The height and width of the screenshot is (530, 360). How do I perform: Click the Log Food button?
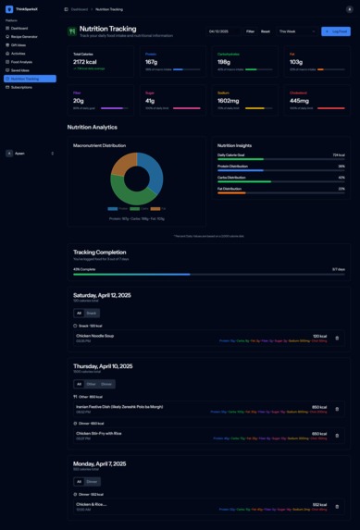pyautogui.click(x=336, y=31)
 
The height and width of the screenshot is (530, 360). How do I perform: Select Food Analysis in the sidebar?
pyautogui.click(x=22, y=62)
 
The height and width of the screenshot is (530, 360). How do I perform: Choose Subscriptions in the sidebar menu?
pyautogui.click(x=21, y=87)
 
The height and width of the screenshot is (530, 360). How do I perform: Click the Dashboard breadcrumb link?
pyautogui.click(x=80, y=9)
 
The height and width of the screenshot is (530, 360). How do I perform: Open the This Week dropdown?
pyautogui.click(x=296, y=31)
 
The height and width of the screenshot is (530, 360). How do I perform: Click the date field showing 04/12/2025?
pyautogui.click(x=223, y=31)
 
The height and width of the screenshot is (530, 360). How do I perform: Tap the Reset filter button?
pyautogui.click(x=266, y=31)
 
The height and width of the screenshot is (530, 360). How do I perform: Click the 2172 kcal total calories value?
pyautogui.click(x=86, y=62)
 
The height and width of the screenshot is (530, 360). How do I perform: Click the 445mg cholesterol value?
pyautogui.click(x=301, y=101)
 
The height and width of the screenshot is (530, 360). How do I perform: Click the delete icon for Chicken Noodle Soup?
pyautogui.click(x=337, y=338)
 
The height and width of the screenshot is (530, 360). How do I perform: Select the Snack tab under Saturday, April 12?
pyautogui.click(x=92, y=314)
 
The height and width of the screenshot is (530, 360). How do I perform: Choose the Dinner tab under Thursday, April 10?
pyautogui.click(x=106, y=384)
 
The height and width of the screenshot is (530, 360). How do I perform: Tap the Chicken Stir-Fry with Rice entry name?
pyautogui.click(x=99, y=433)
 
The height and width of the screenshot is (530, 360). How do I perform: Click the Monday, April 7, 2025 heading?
pyautogui.click(x=102, y=462)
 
